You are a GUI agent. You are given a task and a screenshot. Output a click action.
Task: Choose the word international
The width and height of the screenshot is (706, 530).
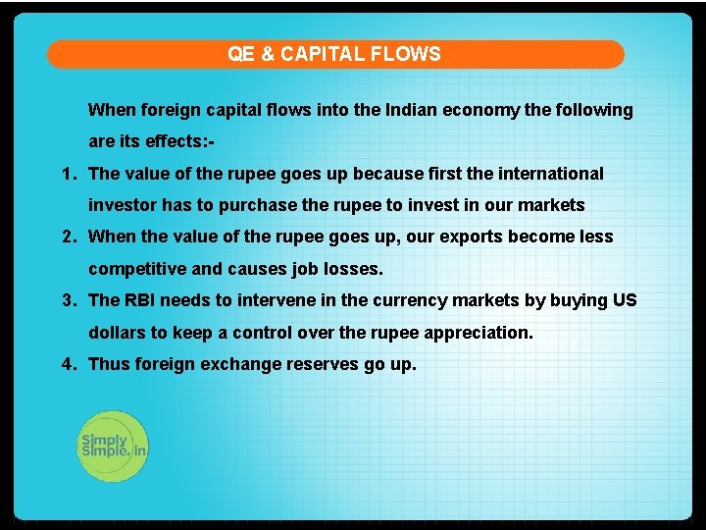(549, 174)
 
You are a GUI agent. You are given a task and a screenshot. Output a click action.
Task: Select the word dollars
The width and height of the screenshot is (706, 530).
(117, 332)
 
